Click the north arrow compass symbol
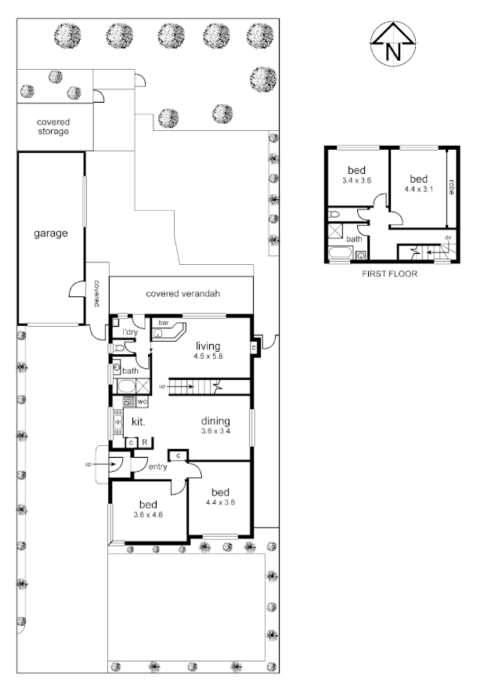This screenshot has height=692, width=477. tap(392, 45)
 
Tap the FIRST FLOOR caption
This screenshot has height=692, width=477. tap(389, 274)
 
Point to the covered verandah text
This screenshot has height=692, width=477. tap(182, 294)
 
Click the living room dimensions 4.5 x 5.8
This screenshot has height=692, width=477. tap(208, 356)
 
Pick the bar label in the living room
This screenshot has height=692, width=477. tap(164, 323)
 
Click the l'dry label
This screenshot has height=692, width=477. tap(129, 333)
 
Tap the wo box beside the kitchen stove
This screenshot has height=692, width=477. tap(142, 402)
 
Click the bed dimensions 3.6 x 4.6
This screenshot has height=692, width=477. tap(148, 515)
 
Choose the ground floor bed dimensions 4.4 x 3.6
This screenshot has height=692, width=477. tap(220, 502)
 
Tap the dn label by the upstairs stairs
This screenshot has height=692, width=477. tap(448, 237)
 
